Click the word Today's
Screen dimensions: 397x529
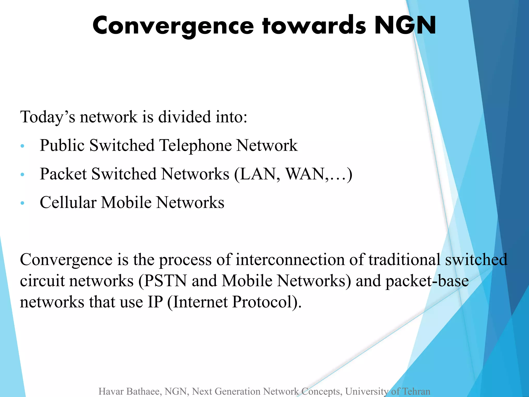coord(48,117)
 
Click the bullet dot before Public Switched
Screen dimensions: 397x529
coord(22,146)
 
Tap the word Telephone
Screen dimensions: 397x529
coord(195,145)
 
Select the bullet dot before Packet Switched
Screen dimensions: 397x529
coord(22,175)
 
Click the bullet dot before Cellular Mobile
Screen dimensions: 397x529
coord(22,203)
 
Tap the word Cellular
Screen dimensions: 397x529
coord(68,202)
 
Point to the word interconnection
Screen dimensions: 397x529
coord(290,259)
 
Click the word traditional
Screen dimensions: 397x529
coord(404,259)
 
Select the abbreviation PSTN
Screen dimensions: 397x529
coord(165,281)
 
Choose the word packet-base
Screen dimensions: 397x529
coord(427,281)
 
